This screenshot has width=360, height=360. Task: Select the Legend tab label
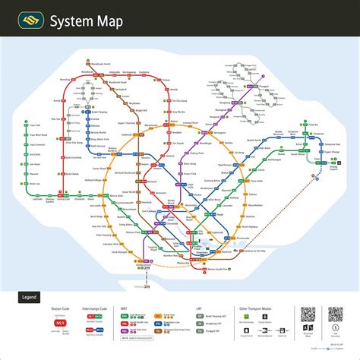tap(29, 298)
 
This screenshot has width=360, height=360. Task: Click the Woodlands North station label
tap(102, 64)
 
